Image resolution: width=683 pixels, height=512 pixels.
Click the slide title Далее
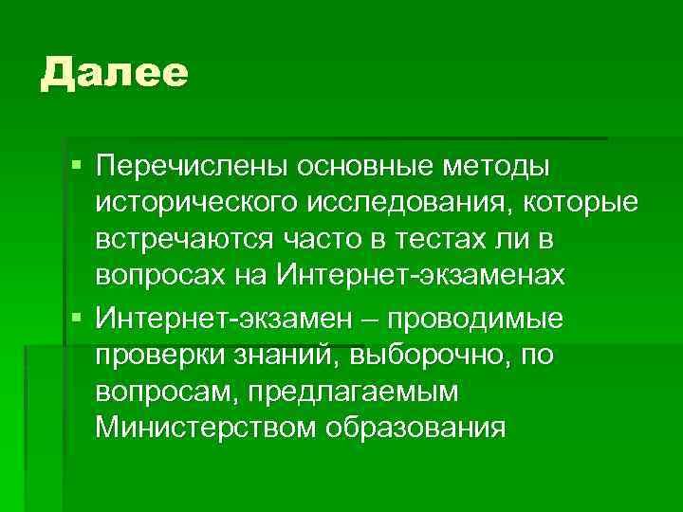point(115,73)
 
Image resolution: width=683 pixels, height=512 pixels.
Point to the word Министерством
point(206,427)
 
